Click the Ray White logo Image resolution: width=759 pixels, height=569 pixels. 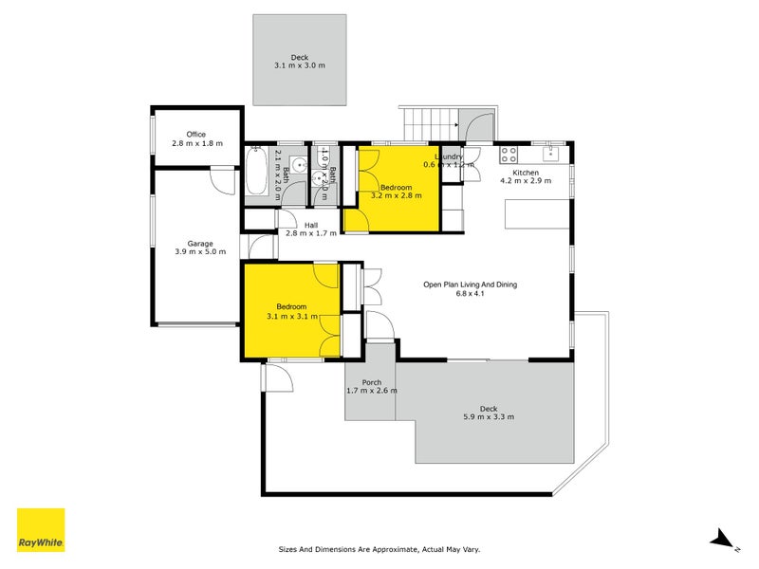click(x=41, y=530)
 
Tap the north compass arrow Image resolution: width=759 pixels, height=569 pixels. click(x=724, y=538)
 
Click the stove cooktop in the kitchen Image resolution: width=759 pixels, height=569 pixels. click(x=508, y=152)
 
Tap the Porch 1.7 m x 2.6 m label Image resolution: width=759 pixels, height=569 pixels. click(x=372, y=386)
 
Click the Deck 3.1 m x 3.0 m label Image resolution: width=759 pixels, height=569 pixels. click(x=299, y=61)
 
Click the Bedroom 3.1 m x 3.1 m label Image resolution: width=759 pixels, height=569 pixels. click(x=291, y=311)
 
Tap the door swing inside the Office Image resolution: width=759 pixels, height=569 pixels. click(x=221, y=180)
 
